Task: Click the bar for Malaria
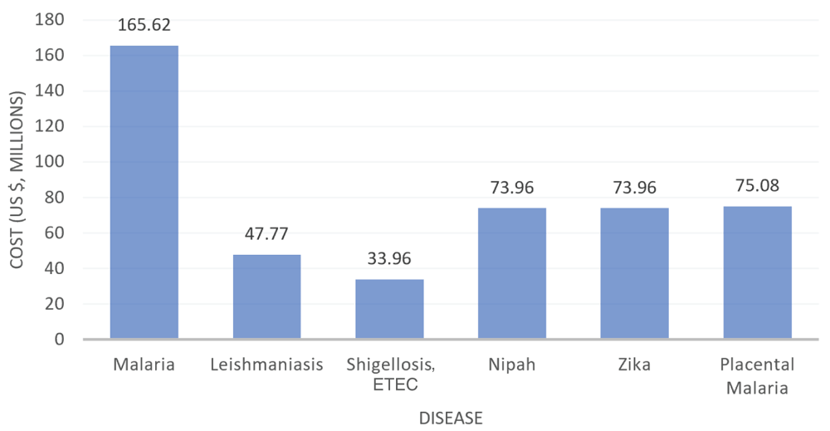pyautogui.click(x=144, y=193)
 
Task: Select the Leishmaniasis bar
pyautogui.click(x=266, y=296)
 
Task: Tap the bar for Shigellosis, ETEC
pyautogui.click(x=389, y=309)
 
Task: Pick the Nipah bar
pyautogui.click(x=512, y=273)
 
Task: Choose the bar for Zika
pyautogui.click(x=635, y=273)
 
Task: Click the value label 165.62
pyautogui.click(x=144, y=26)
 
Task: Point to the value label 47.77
pyautogui.click(x=266, y=235)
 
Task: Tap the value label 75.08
pyautogui.click(x=757, y=185)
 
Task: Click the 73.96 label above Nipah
pyautogui.click(x=512, y=188)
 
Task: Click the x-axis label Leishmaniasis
pyautogui.click(x=266, y=365)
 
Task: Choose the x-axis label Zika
pyautogui.click(x=635, y=365)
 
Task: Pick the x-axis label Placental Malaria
pyautogui.click(x=757, y=375)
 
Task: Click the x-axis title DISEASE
pyautogui.click(x=451, y=418)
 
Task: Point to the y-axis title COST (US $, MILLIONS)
pyautogui.click(x=17, y=179)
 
